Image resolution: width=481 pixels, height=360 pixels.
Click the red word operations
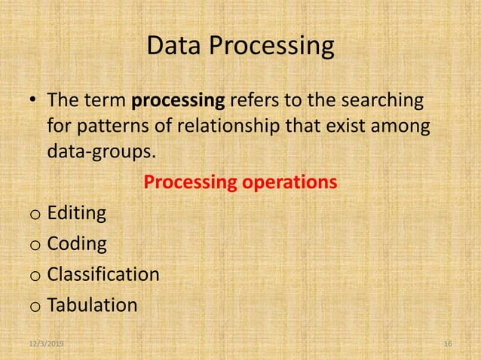(x=293, y=183)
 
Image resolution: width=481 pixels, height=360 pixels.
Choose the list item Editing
(x=77, y=214)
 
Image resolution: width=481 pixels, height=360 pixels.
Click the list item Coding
(x=77, y=245)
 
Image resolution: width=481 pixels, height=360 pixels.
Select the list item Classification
(x=103, y=274)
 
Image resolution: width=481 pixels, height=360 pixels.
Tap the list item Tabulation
(x=92, y=305)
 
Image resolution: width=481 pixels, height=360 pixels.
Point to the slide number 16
(x=448, y=343)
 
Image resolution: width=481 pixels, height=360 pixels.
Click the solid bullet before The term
(x=34, y=102)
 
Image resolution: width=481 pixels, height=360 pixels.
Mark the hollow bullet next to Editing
(x=35, y=215)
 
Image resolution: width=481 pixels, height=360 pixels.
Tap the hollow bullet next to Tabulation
(x=35, y=307)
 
